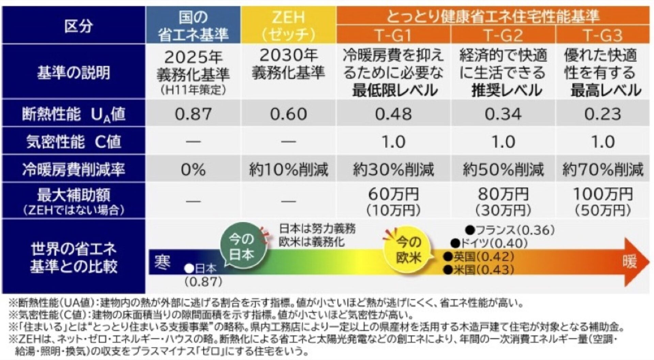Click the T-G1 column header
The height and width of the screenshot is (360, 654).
click(x=393, y=35)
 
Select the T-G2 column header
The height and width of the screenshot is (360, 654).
click(x=503, y=35)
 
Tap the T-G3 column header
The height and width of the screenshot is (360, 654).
click(x=602, y=35)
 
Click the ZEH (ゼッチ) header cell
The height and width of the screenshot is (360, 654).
click(x=289, y=25)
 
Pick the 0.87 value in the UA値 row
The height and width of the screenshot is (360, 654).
click(x=193, y=114)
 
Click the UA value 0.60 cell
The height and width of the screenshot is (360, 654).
click(x=289, y=114)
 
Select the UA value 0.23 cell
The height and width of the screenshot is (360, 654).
click(x=602, y=114)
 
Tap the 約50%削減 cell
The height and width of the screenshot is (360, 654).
click(x=503, y=169)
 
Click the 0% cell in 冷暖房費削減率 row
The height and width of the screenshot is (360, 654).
click(x=193, y=169)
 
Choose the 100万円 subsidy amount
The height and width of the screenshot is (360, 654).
click(x=602, y=194)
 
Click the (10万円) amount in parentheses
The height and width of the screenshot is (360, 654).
click(x=393, y=210)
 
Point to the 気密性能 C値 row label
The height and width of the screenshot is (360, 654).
click(x=74, y=141)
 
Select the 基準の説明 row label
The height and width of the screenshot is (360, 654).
click(x=74, y=72)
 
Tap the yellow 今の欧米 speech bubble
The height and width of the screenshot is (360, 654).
click(x=408, y=250)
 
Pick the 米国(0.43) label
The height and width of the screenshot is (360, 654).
click(x=479, y=270)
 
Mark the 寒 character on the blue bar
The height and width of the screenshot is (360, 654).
click(x=162, y=262)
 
